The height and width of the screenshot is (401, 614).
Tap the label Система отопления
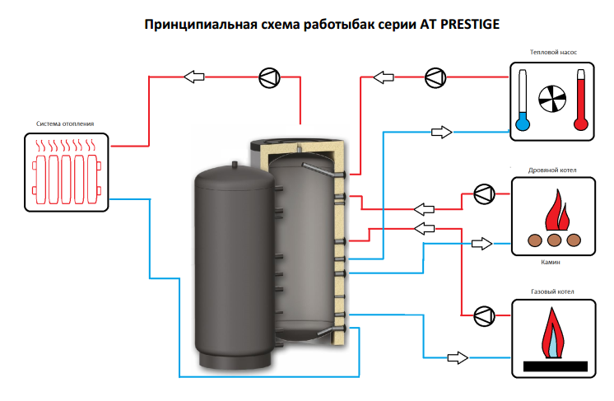65,124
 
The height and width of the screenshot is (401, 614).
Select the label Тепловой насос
553,52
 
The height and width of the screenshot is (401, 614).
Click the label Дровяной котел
553,170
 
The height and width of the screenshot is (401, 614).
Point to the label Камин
551,262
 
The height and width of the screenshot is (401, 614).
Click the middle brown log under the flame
554,240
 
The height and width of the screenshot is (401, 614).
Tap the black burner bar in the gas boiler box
553,364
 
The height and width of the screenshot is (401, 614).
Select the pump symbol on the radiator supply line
268,77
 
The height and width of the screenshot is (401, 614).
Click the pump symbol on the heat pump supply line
435,77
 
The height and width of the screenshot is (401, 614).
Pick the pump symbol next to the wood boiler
483,194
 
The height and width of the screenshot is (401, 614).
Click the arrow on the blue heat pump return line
442,132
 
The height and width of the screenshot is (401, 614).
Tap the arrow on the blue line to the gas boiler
457,357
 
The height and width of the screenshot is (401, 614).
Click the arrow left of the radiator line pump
194,77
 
